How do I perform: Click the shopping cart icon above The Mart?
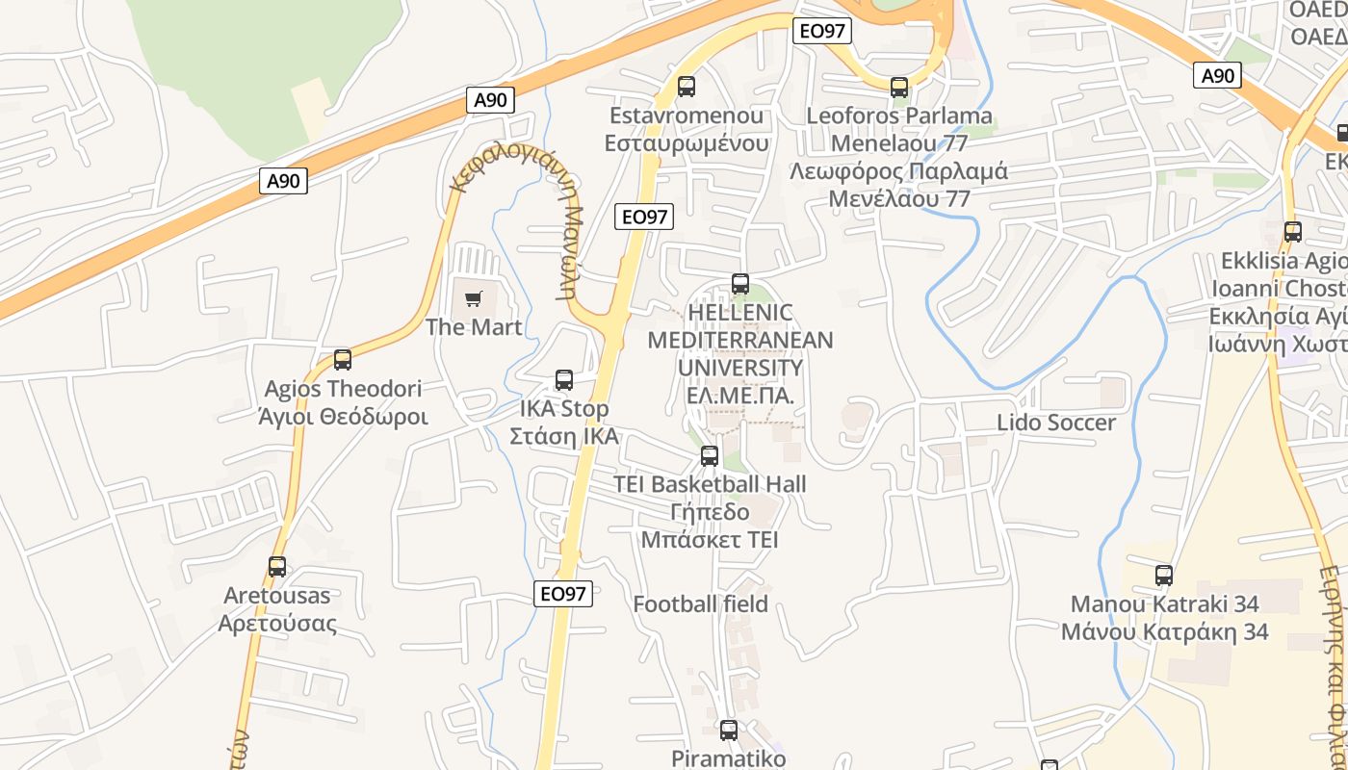473,298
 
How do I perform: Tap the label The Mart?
474,327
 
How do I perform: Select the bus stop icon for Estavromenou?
687,87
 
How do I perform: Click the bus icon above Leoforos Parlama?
899,88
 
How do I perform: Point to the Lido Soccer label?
1056,423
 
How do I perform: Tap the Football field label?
700,604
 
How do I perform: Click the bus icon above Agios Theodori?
343,360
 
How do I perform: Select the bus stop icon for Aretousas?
277,567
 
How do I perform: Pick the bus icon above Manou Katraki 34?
1164,576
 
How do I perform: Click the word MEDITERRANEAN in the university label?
740,340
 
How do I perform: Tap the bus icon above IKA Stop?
564,380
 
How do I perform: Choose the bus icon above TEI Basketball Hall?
710,456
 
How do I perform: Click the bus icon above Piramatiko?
729,731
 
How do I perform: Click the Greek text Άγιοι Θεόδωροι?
343,418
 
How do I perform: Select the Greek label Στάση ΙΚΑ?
563,437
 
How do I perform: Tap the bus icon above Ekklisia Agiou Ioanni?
1293,232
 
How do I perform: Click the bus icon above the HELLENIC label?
740,284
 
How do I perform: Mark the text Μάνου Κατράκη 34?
1164,632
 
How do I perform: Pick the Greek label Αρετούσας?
277,623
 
